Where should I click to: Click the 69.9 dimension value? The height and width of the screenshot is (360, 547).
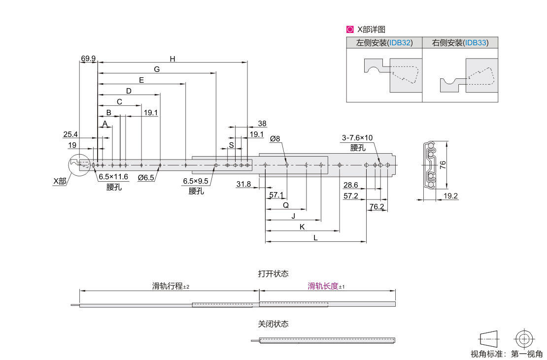(89, 58)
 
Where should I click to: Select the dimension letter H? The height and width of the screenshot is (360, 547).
(172, 59)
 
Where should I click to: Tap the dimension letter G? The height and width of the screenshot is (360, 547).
(157, 69)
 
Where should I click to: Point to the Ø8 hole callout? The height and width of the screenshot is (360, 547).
(275, 139)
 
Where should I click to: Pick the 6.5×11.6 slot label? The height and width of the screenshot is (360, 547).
(113, 177)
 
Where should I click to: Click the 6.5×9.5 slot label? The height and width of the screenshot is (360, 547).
(196, 181)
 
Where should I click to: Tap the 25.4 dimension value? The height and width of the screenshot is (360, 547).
(70, 134)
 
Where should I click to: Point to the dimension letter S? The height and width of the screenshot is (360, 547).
(231, 145)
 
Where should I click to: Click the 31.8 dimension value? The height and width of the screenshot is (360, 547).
(243, 184)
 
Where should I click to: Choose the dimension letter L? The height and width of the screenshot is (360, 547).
(315, 237)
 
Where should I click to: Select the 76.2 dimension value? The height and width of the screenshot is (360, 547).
(376, 206)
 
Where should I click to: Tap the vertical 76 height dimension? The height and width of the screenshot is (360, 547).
(443, 165)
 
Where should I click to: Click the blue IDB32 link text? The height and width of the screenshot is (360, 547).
(400, 43)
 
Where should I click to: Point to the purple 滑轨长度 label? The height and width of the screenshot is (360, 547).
(323, 286)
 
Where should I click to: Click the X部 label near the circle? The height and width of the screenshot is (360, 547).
(60, 181)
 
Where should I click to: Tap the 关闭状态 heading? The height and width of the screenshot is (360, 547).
(273, 324)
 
